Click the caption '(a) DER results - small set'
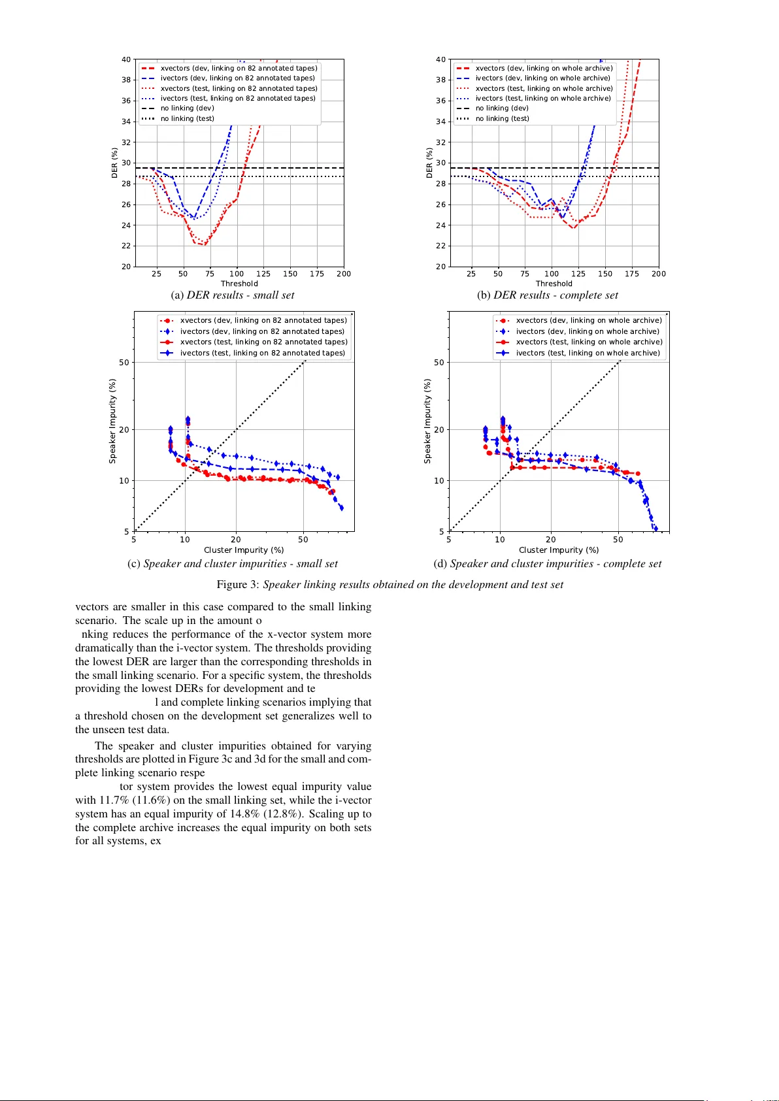click(x=233, y=295)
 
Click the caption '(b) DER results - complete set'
click(x=547, y=295)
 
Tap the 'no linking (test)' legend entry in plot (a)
click(x=187, y=119)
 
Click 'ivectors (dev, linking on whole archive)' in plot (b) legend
click(x=542, y=78)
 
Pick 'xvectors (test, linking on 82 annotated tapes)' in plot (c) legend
click(x=263, y=342)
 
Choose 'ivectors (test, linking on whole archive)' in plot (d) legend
click(x=588, y=353)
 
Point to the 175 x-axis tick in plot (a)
click(x=317, y=274)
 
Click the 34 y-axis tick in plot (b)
click(x=441, y=122)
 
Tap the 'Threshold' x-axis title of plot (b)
click(x=554, y=284)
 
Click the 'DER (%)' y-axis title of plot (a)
click(x=115, y=163)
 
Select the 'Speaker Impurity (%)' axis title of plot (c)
click(x=112, y=421)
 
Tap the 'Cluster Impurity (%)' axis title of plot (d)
click(x=559, y=550)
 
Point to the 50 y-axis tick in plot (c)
click(x=124, y=363)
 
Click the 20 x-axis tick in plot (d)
click(x=551, y=540)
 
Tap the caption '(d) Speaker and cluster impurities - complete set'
click(x=548, y=564)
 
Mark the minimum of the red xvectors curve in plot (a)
click(x=204, y=245)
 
